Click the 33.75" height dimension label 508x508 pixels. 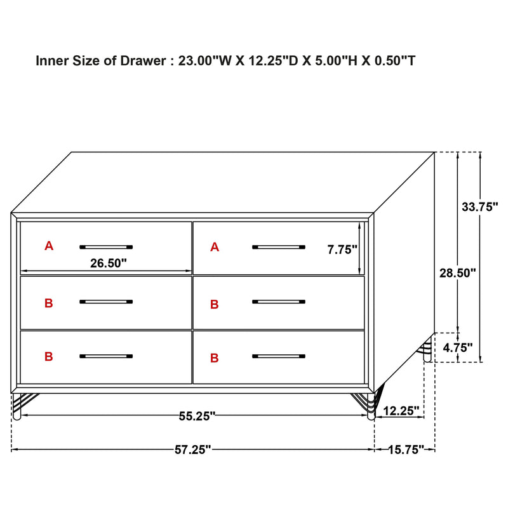[x=480, y=206]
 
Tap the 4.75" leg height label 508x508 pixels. [x=458, y=347]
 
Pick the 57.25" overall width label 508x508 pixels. [x=193, y=450]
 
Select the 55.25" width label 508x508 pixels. [x=196, y=416]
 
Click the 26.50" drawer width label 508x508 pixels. [x=109, y=262]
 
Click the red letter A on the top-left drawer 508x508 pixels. [x=49, y=246]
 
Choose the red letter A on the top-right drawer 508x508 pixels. [x=215, y=246]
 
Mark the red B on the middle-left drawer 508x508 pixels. [x=49, y=304]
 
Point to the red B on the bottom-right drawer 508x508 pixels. [x=215, y=358]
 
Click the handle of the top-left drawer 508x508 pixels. [x=107, y=246]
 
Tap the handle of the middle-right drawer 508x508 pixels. [x=278, y=302]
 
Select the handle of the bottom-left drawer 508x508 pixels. [x=107, y=356]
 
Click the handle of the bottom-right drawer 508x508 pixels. [x=278, y=356]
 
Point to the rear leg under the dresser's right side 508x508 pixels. [x=427, y=351]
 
